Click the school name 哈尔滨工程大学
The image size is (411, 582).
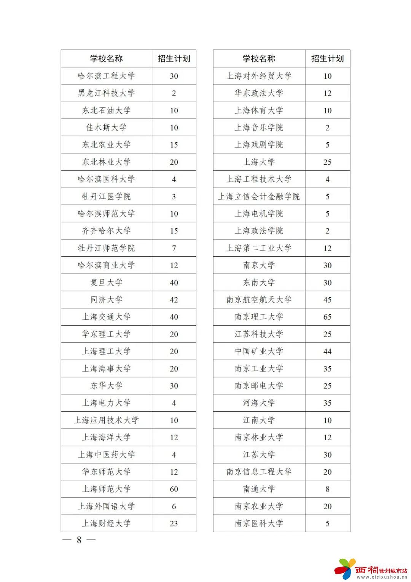106,76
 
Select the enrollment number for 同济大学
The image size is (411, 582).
174,300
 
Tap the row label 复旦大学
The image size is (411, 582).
106,283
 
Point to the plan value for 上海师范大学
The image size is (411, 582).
174,489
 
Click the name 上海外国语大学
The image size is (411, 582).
106,506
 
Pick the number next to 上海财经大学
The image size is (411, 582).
174,523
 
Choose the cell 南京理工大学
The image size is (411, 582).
259,317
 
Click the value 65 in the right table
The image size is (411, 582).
327,317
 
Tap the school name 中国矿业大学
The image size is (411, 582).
259,351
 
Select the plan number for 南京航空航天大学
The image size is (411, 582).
327,300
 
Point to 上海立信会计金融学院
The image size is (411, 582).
259,197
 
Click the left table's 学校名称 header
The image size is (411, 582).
106,59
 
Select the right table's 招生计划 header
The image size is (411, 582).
327,59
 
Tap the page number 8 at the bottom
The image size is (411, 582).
79,540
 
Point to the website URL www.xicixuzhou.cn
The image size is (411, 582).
382,577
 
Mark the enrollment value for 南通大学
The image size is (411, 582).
327,489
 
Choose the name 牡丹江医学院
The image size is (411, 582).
106,197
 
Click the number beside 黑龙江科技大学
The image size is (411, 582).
174,93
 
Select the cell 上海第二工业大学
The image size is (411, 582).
259,248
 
